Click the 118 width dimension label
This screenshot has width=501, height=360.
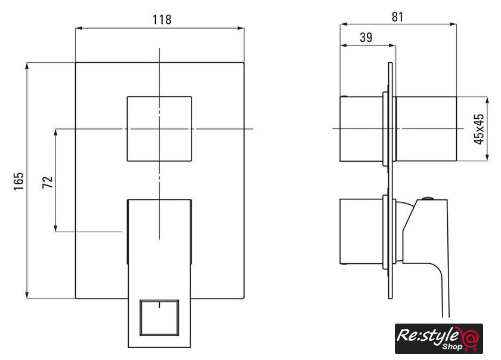tap(162, 20)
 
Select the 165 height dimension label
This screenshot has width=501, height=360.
tap(19, 181)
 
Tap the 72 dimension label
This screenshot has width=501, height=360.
tap(48, 182)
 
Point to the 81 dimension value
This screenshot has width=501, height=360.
tap(397, 17)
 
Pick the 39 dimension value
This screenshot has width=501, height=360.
tap(366, 38)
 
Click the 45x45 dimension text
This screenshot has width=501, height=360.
tap(479, 129)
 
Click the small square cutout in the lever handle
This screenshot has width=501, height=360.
tap(159, 318)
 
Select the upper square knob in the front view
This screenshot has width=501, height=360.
tap(159, 129)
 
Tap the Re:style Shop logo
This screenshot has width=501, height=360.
tap(439, 339)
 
